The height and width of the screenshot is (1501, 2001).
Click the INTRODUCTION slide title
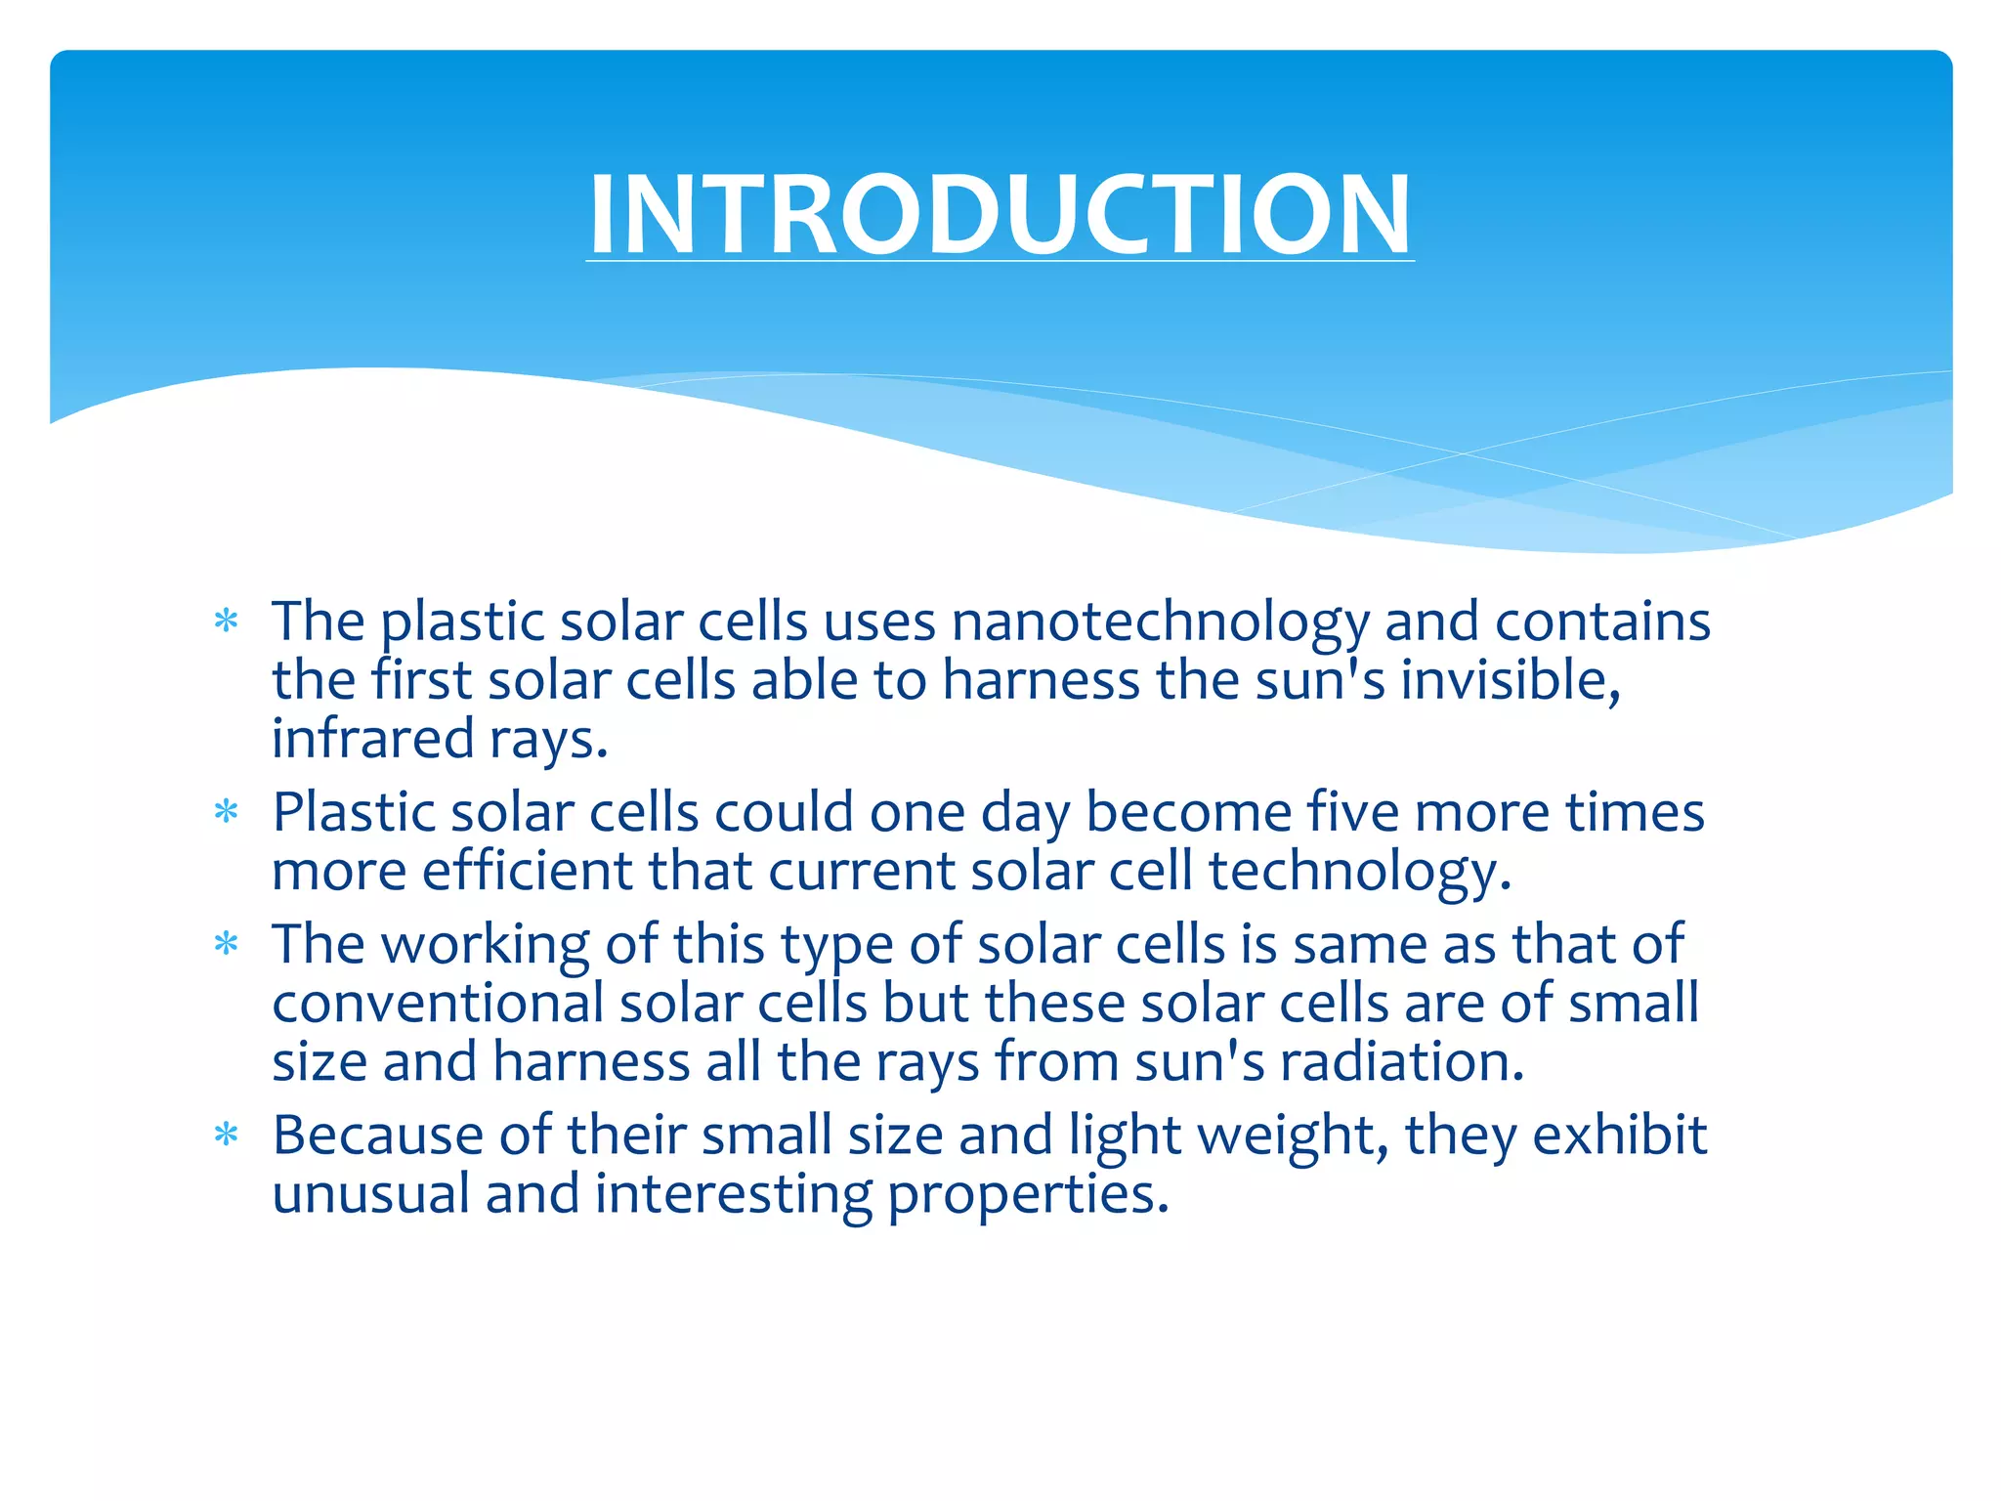[x=1000, y=214]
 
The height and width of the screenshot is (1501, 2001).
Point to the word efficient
[x=527, y=871]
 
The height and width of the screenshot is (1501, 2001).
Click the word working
[x=485, y=946]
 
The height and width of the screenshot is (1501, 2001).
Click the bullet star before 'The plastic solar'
[x=227, y=622]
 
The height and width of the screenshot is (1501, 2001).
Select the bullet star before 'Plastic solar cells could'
[x=227, y=812]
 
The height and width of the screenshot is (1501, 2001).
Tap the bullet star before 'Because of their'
[x=227, y=1135]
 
